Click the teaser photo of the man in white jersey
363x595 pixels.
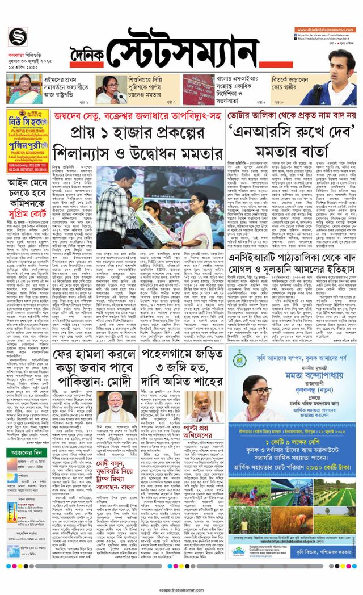[x=335, y=86]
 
